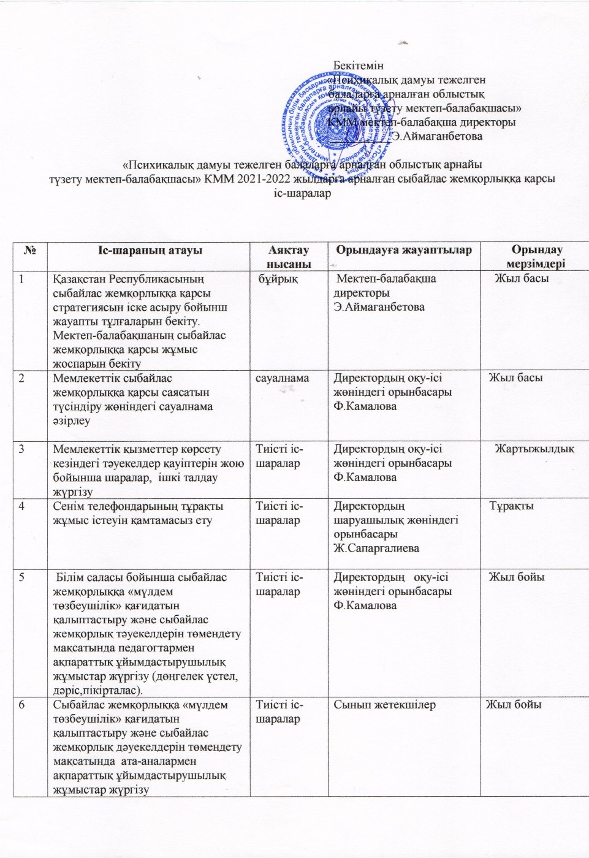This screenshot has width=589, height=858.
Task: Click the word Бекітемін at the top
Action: click(359, 65)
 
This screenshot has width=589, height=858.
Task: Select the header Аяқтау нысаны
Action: click(288, 257)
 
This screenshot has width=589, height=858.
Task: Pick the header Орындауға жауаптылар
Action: click(404, 249)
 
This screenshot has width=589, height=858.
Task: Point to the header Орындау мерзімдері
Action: click(537, 257)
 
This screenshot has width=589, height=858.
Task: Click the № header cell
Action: click(30, 250)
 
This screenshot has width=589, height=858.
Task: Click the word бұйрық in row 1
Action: click(278, 279)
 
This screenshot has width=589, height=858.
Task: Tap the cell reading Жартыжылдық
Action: click(534, 449)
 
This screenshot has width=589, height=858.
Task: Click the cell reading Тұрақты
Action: click(512, 506)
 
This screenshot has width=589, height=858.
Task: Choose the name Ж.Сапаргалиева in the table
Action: click(376, 549)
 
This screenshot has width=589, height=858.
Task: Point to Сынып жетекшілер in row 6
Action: click(384, 705)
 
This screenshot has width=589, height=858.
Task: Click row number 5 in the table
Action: click(22, 577)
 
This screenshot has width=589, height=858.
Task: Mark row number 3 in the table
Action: click(22, 449)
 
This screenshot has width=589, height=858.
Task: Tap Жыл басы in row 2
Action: click(515, 378)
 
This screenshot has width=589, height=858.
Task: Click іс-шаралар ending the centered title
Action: click(300, 193)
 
